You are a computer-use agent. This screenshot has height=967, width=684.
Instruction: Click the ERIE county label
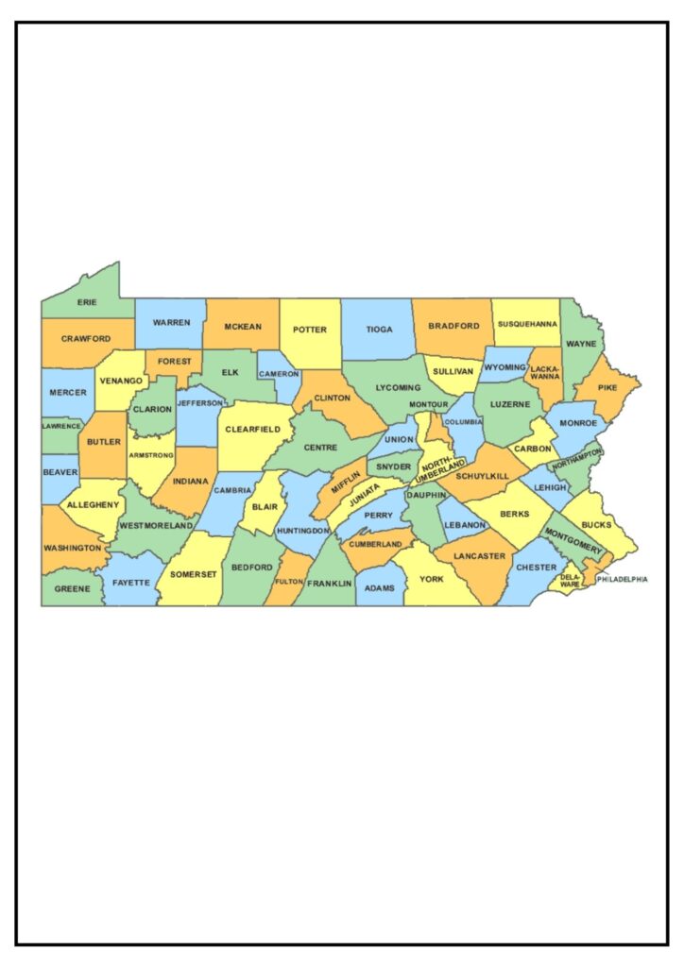(87, 303)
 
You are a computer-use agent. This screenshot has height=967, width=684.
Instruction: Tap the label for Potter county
(310, 330)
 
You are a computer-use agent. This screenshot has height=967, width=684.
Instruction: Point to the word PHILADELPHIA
(621, 579)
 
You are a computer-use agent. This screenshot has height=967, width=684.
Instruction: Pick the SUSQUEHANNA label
(527, 325)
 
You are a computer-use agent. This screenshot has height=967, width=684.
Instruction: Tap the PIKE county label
(607, 386)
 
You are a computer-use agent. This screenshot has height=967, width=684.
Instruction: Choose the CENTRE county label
(320, 447)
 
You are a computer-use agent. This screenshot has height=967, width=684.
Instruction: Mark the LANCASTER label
(478, 556)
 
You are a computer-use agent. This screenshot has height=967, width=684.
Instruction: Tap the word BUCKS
(596, 525)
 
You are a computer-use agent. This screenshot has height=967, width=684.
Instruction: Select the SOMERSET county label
(194, 574)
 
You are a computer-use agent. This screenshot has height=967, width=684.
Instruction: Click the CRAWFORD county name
(86, 338)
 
